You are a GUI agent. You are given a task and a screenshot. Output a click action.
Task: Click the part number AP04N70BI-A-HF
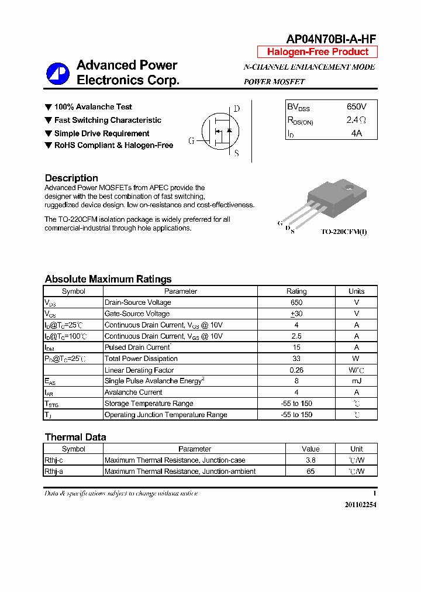coord(330,39)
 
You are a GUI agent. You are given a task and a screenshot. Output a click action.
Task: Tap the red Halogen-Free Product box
coord(318,52)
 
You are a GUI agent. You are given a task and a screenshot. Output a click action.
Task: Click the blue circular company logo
coord(58,73)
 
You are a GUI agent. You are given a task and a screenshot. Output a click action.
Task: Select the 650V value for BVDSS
coord(356,107)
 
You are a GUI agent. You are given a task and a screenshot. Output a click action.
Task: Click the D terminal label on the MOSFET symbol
coord(236,109)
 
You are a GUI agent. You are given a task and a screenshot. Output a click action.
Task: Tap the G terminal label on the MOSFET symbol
coord(191,141)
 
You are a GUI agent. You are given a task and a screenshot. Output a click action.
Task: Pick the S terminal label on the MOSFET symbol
coord(236,154)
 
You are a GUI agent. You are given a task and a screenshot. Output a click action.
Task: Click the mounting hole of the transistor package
coord(349,188)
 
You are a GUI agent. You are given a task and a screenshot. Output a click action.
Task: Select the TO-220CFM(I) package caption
coord(344,232)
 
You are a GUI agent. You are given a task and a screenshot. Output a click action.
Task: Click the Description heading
coord(71,178)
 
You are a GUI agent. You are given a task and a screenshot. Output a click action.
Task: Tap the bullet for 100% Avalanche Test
coord(49,107)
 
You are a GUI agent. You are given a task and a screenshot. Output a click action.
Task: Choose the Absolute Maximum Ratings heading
coord(108,279)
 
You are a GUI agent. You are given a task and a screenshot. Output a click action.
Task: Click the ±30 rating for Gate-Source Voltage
coord(296,314)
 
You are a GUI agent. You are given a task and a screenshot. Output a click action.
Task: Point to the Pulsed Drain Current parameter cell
coord(137,347)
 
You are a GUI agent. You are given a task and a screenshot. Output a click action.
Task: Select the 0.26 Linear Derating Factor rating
coord(296,370)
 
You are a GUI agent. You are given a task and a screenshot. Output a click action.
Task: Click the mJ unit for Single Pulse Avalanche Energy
coord(356,381)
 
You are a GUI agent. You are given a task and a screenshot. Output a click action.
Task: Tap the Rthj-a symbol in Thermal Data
coord(54,471)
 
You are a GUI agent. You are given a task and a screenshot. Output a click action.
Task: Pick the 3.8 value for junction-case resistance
coord(310,460)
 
